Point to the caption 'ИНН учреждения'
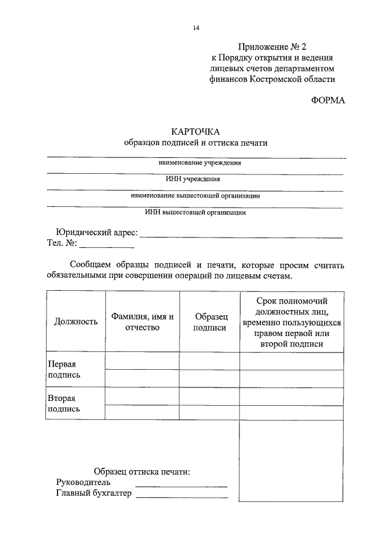[195, 179]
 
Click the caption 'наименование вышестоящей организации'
[195, 197]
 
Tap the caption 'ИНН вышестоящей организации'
[195, 213]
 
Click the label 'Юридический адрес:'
[97, 233]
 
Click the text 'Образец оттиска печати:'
[141, 472]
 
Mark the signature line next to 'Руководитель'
[181, 485]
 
